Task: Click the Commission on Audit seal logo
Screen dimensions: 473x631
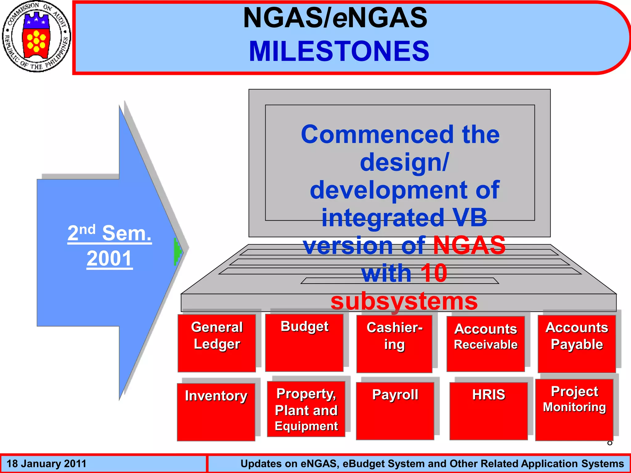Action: coord(36,37)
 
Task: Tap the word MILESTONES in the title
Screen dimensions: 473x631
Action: coord(339,51)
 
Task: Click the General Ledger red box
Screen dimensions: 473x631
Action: coord(217,343)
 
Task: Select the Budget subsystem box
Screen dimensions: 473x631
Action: coord(304,342)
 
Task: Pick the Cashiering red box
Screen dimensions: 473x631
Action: coord(394,343)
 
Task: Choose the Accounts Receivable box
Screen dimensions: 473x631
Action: coord(486,343)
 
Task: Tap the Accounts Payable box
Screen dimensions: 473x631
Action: coord(577,343)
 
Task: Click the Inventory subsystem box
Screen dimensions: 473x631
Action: coord(216,412)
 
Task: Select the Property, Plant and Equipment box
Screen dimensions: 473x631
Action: coord(306,409)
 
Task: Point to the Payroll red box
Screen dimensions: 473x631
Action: coord(395,411)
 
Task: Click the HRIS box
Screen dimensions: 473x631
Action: coord(489,411)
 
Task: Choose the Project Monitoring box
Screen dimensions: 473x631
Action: coord(574,410)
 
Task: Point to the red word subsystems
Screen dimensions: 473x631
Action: coord(404,301)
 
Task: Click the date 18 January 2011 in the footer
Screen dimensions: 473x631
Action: coord(47,464)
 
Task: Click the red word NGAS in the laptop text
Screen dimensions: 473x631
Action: coord(469,245)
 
